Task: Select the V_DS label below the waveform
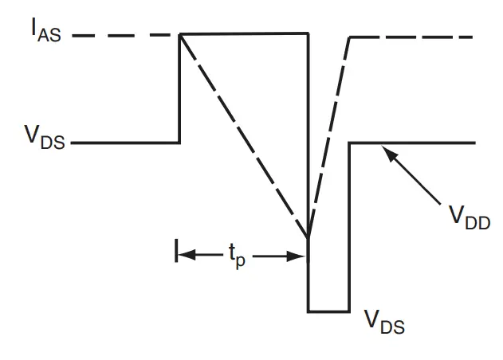[x=384, y=321]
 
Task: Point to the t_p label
[x=237, y=256]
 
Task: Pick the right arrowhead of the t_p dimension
[x=301, y=256]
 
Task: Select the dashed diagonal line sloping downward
[x=243, y=135]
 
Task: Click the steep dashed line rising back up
[x=328, y=135]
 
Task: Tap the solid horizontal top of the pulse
[x=243, y=33]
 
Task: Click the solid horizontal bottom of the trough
[x=328, y=311]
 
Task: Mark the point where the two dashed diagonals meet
[x=308, y=237]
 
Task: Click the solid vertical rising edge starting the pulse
[x=179, y=88]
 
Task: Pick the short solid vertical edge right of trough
[x=349, y=227]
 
